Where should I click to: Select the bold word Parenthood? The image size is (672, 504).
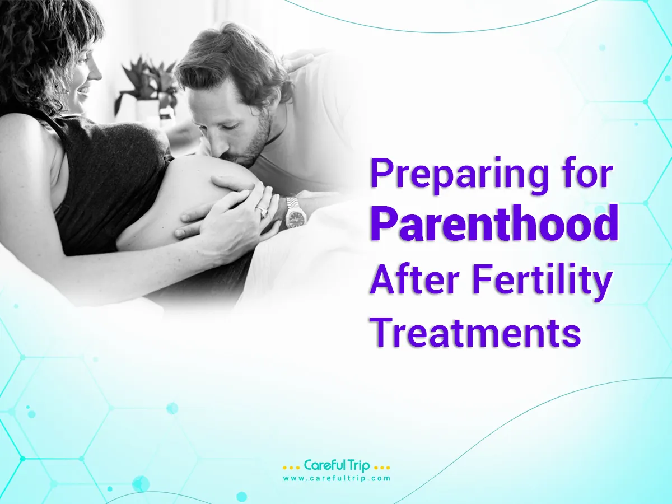493,223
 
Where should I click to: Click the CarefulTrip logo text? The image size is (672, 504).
337,466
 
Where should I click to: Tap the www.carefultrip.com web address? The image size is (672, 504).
336,478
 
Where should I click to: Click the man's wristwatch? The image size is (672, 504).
295,212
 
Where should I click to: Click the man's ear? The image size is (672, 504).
273,88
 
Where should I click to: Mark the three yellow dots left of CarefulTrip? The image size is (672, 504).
291,467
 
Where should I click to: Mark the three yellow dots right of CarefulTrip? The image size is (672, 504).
381,467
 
